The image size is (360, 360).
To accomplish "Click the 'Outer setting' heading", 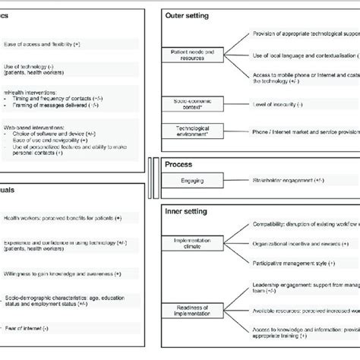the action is tap(190, 16).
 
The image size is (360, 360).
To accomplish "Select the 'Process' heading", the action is tap(180, 163).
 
